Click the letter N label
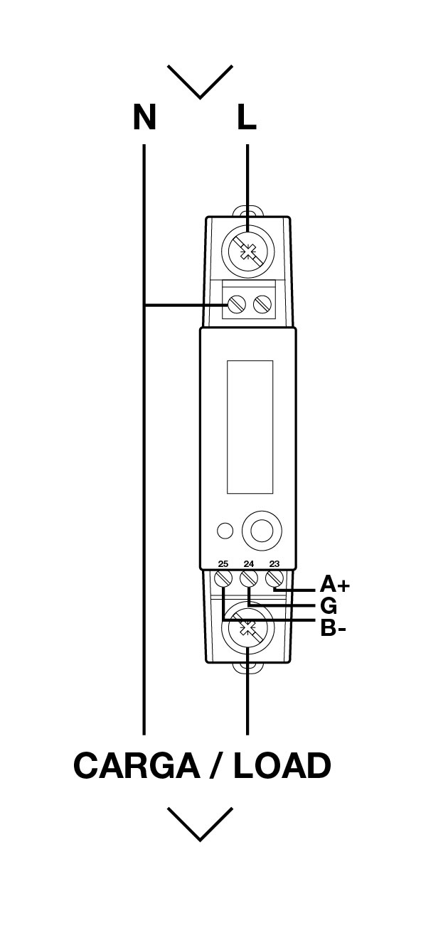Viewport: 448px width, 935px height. click(144, 117)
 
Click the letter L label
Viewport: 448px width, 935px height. click(246, 117)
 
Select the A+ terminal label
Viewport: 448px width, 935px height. click(334, 584)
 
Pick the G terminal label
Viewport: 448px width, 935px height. click(329, 605)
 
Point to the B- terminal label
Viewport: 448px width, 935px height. click(333, 628)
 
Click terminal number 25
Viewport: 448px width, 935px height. click(223, 564)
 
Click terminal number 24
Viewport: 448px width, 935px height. click(249, 564)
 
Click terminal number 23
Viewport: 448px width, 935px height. click(274, 564)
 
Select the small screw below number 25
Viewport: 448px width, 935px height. click(223, 579)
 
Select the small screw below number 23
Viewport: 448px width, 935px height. click(274, 579)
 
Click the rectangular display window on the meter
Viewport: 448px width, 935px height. click(250, 427)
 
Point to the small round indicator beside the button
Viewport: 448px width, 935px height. click(225, 531)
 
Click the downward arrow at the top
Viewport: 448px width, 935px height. click(200, 82)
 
